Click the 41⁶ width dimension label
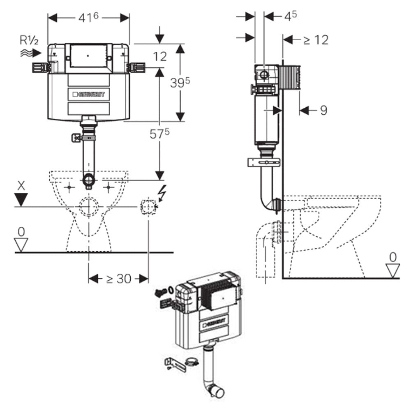click(88, 18)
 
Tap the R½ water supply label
click(29, 40)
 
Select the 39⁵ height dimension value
click(180, 83)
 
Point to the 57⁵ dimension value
click(159, 134)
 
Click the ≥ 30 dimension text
click(118, 279)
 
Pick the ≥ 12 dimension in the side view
click(316, 40)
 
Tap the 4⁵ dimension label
click(291, 16)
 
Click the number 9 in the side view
click(324, 110)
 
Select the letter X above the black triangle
click(21, 186)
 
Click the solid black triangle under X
click(21, 200)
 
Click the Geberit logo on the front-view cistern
click(89, 94)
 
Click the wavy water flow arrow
click(31, 53)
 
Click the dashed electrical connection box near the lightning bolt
click(148, 207)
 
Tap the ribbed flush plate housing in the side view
click(290, 78)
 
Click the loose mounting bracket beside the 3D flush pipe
click(175, 365)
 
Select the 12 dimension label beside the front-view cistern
click(160, 56)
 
